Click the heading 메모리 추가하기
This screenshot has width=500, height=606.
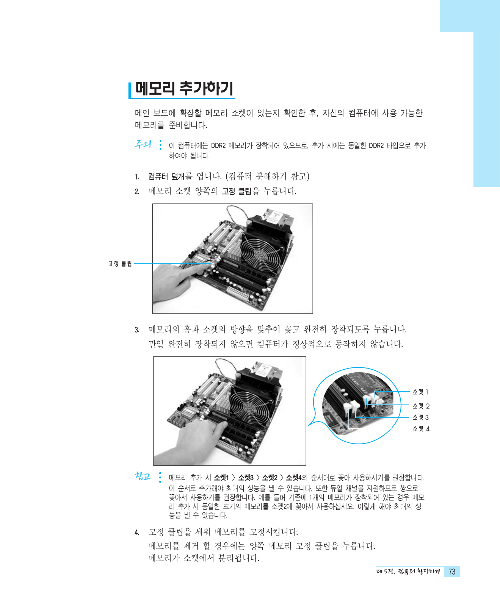click(184, 89)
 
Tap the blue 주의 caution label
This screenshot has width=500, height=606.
click(143, 144)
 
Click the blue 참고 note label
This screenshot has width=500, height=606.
click(143, 476)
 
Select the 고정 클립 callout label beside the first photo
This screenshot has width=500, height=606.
click(120, 264)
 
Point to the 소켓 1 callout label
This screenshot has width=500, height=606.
click(420, 392)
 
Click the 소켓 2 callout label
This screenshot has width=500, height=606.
click(421, 406)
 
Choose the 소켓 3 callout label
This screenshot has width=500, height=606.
click(421, 417)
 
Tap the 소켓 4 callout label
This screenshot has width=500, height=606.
click(421, 429)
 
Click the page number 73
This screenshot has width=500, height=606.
click(452, 572)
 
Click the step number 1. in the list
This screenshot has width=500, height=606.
click(137, 177)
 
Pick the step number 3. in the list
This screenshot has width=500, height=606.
click(137, 330)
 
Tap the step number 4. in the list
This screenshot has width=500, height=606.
click(137, 533)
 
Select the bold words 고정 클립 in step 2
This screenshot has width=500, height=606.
click(237, 191)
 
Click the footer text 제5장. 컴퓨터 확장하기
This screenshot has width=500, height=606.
click(408, 572)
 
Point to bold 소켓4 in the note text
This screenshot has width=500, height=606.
click(294, 478)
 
